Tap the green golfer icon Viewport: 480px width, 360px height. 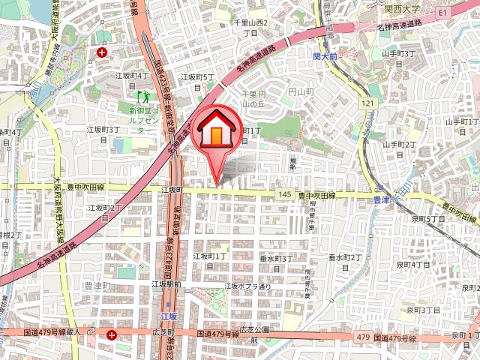140,96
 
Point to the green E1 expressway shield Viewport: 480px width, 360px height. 442,13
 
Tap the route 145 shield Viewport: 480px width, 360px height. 283,194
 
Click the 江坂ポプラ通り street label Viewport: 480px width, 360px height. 247,286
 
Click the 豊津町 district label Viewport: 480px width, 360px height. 96,286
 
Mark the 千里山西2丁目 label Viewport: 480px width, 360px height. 250,28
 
